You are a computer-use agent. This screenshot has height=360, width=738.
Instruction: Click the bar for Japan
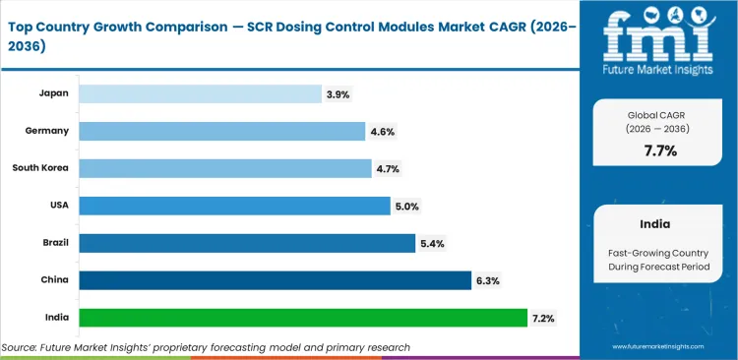200,93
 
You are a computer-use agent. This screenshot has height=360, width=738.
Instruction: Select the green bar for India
303,318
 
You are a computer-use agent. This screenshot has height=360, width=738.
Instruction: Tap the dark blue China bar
275,280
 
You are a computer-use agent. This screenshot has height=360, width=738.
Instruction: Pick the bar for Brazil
247,243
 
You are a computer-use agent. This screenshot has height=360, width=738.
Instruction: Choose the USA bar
234,206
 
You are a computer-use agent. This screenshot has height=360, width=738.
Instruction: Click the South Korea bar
225,168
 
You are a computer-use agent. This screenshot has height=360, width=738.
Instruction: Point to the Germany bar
223,131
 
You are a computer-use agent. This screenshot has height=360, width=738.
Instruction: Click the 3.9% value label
338,94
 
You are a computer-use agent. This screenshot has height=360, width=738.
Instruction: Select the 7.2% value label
544,319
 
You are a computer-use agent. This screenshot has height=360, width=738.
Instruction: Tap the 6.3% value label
488,281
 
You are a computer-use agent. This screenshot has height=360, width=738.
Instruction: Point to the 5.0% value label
406,207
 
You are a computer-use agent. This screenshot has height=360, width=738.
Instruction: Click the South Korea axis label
40,168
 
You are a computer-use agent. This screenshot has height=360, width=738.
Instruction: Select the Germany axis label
46,131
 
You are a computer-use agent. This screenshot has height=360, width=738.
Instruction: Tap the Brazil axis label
53,243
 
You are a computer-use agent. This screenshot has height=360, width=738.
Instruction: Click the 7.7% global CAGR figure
659,150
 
